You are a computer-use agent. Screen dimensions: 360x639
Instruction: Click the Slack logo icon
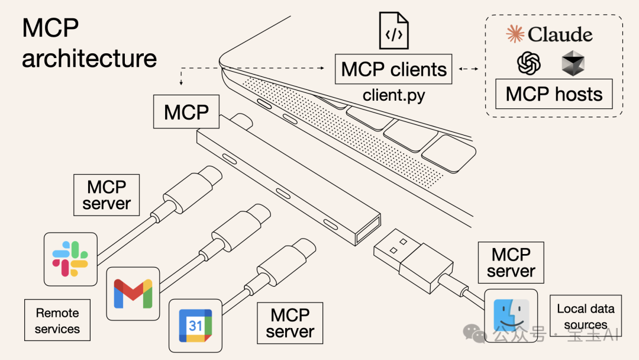coord(70,259)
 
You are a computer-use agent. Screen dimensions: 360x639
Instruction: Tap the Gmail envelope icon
coord(133,294)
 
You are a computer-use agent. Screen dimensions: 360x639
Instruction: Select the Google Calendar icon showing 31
coord(195,326)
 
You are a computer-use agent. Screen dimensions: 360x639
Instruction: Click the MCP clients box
coord(393,69)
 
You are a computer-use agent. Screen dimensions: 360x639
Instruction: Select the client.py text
coord(393,95)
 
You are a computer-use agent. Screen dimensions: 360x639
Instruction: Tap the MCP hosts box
coord(554,94)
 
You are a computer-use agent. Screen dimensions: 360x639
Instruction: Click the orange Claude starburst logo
coord(515,34)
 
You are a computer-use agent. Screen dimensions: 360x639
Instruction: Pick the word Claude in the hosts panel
coord(560,34)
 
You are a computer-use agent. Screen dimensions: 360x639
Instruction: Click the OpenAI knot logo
coord(529,63)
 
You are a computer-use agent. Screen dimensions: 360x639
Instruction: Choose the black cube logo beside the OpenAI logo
coord(573,63)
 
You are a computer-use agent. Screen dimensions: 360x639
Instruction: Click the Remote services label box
coord(57,320)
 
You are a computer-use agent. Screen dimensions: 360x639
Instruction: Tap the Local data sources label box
coord(585,316)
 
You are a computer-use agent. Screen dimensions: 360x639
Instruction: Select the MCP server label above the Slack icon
coord(106,195)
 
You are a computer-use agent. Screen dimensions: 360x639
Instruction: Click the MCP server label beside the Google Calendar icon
coord(290,323)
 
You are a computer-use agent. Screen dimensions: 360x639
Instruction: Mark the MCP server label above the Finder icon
coord(511,262)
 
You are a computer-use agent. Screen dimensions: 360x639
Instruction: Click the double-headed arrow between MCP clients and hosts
coord(469,69)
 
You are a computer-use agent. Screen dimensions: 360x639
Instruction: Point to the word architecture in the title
coord(89,58)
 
